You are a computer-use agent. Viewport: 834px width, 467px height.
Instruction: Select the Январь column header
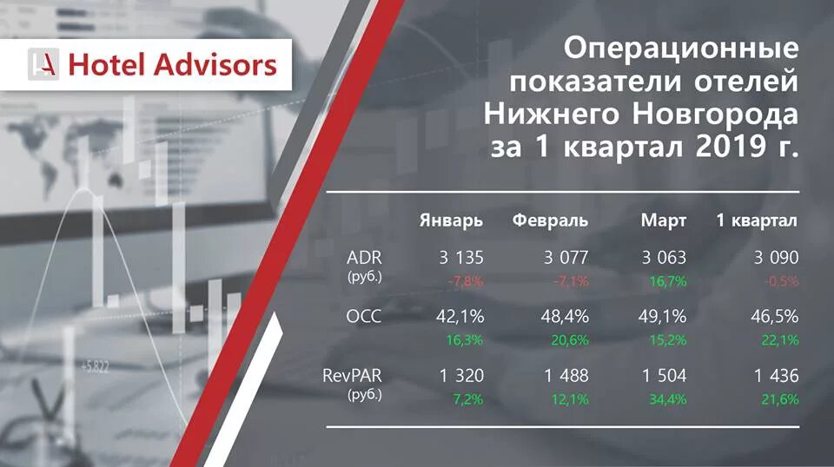(451, 220)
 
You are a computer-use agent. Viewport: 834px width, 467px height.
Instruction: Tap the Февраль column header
(550, 220)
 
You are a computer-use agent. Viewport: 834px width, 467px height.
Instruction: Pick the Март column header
(663, 220)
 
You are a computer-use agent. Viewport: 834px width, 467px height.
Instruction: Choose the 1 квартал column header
(757, 220)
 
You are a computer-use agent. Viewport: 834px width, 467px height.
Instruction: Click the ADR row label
(364, 258)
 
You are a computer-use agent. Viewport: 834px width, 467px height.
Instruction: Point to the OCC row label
(364, 317)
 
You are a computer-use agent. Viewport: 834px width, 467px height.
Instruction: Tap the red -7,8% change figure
(465, 281)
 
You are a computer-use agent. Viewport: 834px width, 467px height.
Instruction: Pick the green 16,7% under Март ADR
(668, 281)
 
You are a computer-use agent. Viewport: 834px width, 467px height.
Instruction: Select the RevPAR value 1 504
(664, 376)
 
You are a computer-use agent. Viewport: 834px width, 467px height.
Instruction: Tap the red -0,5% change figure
(779, 281)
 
